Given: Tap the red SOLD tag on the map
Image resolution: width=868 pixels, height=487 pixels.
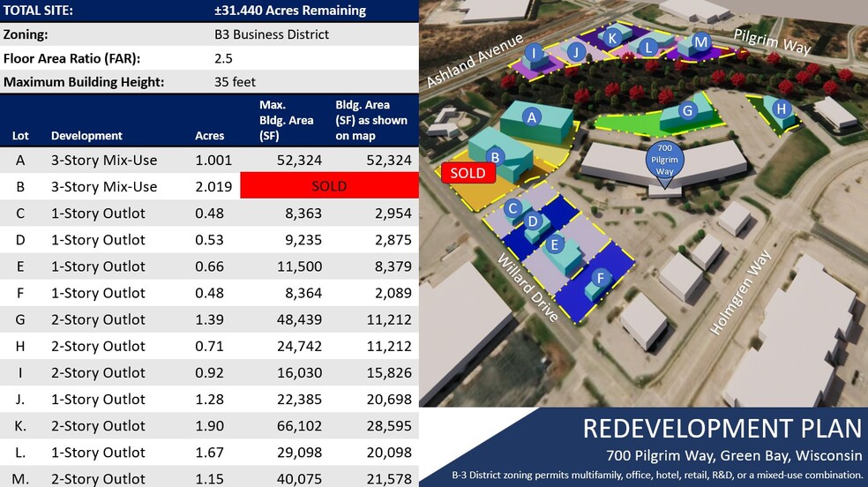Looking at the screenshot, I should pyautogui.click(x=468, y=173).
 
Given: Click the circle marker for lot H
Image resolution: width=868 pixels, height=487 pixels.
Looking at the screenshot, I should pyautogui.click(x=782, y=109).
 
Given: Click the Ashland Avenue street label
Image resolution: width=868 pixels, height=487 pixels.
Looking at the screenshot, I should pyautogui.click(x=475, y=62).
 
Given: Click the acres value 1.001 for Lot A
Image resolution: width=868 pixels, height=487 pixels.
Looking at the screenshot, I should pyautogui.click(x=209, y=160).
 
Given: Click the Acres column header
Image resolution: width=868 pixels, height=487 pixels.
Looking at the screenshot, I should pyautogui.click(x=209, y=136).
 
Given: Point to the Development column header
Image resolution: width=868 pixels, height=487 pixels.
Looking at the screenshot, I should pyautogui.click(x=86, y=136).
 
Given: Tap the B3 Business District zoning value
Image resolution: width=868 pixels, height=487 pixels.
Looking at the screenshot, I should pyautogui.click(x=272, y=34).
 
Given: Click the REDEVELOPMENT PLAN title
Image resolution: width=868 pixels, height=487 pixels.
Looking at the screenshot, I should pyautogui.click(x=721, y=429).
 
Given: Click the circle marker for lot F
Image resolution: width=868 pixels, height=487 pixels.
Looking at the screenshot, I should pyautogui.click(x=602, y=279).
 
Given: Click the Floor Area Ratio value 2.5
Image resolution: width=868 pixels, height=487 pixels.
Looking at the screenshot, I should pyautogui.click(x=224, y=58).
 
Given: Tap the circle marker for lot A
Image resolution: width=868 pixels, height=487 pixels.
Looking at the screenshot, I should pyautogui.click(x=531, y=116).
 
